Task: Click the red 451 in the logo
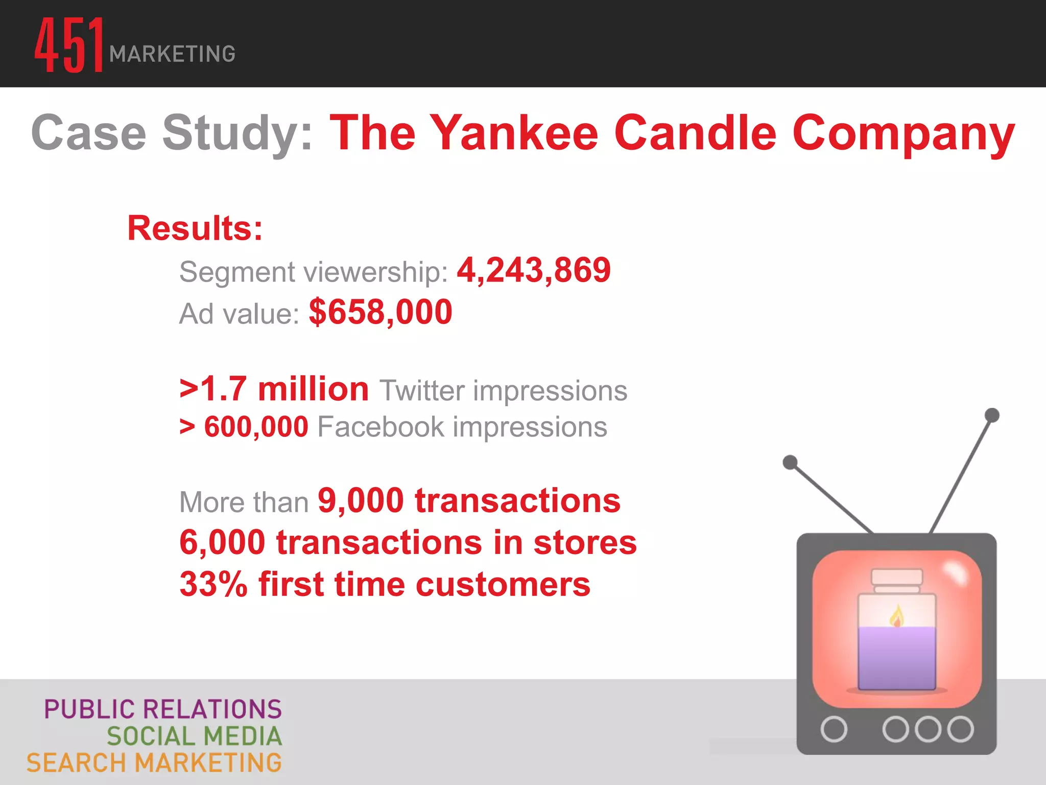(x=69, y=45)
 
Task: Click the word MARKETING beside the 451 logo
(x=172, y=54)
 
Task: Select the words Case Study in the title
(x=171, y=133)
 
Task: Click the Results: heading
(x=195, y=228)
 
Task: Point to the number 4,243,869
(x=533, y=270)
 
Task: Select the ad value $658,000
(x=381, y=312)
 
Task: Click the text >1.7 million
(x=274, y=389)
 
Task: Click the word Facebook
(x=381, y=427)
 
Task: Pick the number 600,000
(x=256, y=427)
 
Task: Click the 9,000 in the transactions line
(x=361, y=500)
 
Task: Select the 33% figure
(x=213, y=584)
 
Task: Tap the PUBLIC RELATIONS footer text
(x=162, y=709)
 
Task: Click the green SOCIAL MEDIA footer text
(x=194, y=736)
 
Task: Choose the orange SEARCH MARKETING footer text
(x=154, y=763)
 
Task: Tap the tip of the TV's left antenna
(x=790, y=463)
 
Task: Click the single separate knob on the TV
(x=834, y=729)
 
